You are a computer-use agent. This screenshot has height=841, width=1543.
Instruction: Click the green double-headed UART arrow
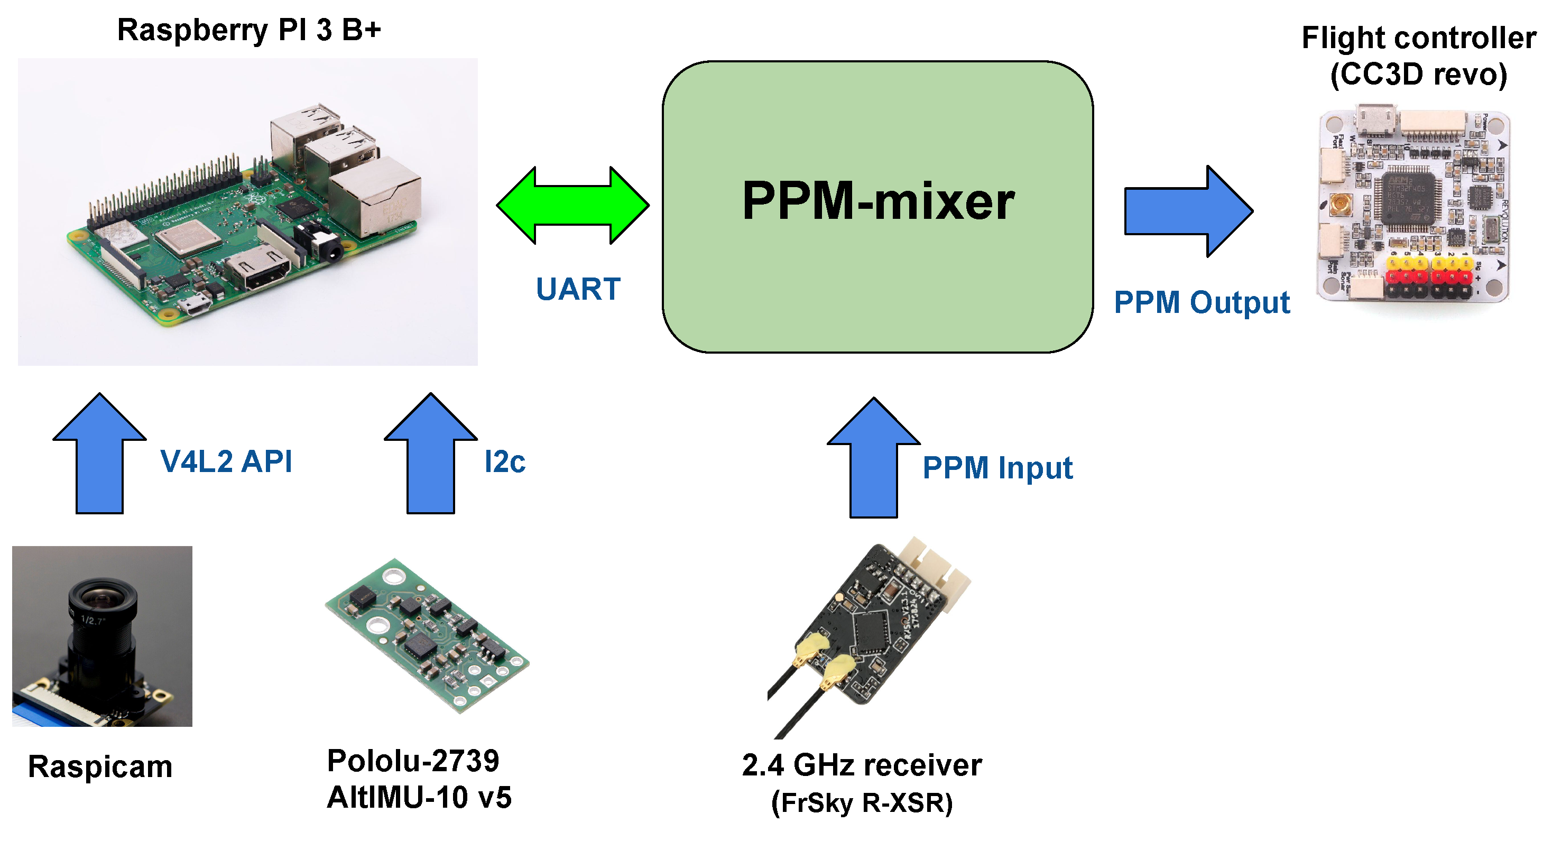tap(572, 206)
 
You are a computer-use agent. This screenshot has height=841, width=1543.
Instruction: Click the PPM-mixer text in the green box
tap(877, 201)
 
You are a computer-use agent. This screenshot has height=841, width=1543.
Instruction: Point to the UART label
tap(577, 289)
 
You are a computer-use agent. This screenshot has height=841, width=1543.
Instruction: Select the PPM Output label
tap(1201, 302)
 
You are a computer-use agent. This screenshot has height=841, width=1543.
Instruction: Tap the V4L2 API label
tap(226, 462)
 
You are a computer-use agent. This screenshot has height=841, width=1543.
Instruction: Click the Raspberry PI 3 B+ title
tap(248, 30)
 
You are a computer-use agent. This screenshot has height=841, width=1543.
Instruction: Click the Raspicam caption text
tap(100, 766)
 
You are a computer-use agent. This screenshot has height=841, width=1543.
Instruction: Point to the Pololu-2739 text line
tap(413, 761)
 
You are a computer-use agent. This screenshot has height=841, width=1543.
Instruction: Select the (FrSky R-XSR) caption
tap(861, 802)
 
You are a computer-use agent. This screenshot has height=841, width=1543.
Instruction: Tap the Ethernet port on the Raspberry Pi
tap(374, 198)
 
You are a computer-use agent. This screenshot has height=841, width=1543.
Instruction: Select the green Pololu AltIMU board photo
tap(427, 635)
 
